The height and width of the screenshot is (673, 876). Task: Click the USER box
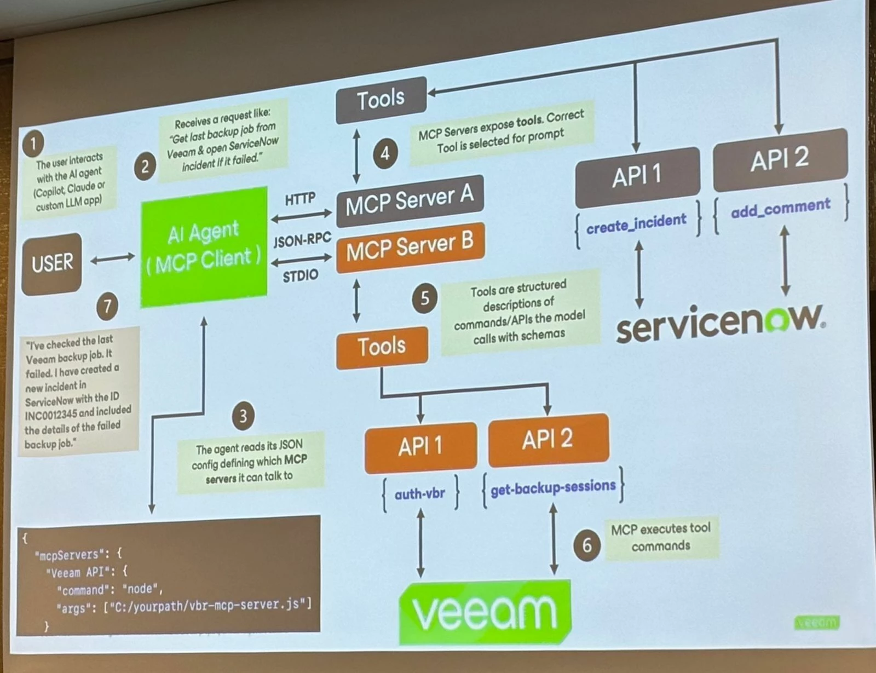click(x=51, y=263)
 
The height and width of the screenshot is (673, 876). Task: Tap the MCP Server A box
click(x=410, y=200)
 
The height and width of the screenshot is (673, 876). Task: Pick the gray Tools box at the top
click(x=381, y=100)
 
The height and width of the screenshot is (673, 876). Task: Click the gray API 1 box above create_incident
click(x=637, y=177)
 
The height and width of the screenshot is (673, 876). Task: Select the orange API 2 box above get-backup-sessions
click(x=548, y=440)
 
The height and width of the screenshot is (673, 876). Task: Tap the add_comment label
click(x=781, y=207)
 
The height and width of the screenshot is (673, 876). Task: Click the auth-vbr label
click(x=420, y=494)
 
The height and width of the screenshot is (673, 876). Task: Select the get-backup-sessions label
click(x=553, y=487)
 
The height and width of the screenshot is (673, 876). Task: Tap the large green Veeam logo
click(x=485, y=611)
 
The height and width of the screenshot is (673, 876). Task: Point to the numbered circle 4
click(x=385, y=153)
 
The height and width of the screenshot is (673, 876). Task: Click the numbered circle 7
click(x=107, y=306)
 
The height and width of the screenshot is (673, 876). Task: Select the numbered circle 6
click(x=586, y=545)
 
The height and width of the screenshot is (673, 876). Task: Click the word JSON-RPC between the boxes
click(x=302, y=239)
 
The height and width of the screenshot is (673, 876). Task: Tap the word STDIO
click(x=300, y=276)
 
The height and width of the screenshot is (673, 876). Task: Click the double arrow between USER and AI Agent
click(x=112, y=258)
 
